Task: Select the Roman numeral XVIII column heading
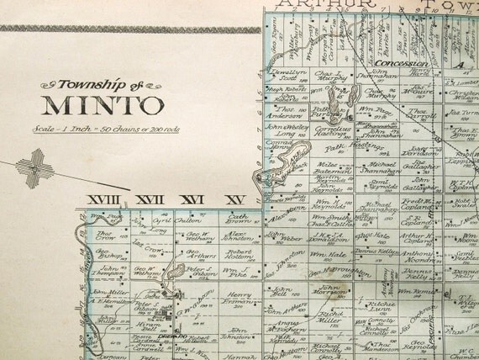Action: [105, 200]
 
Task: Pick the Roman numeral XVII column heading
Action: [150, 200]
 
